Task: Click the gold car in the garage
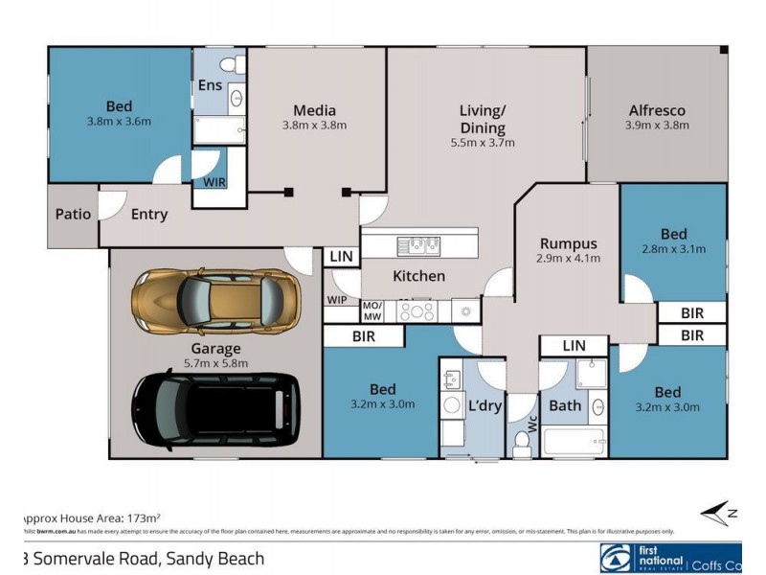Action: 214,298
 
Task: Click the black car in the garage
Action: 214,410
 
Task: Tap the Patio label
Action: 73,214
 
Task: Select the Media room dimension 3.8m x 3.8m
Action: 314,125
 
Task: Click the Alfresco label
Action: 656,110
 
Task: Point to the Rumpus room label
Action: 568,242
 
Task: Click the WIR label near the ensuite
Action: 210,181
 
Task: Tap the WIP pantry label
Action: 336,300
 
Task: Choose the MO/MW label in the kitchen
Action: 372,310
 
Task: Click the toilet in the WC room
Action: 522,442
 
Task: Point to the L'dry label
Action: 484,405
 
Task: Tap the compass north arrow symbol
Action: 719,514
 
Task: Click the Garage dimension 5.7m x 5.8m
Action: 214,363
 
